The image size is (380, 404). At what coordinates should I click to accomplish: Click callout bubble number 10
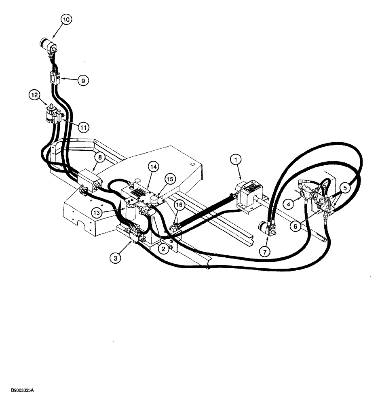67,19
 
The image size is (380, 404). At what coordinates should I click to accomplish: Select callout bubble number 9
83,80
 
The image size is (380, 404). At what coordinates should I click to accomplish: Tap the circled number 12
35,95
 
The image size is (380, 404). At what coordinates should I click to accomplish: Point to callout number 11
83,128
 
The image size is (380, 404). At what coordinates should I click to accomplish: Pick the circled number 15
171,178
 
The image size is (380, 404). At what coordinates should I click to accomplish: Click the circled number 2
164,249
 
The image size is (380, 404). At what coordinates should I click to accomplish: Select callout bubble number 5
345,187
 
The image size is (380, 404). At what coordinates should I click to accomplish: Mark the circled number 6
296,227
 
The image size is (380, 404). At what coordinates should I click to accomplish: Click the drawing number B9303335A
19,391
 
